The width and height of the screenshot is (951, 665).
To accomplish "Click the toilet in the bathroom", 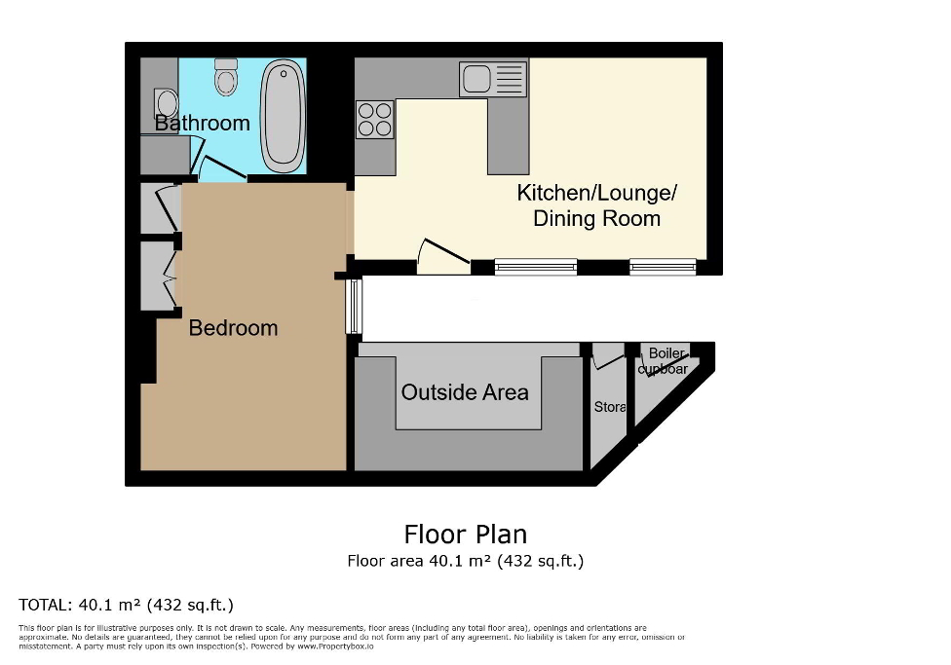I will pos(226,76).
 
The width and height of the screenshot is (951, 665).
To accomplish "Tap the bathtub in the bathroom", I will pos(283,113).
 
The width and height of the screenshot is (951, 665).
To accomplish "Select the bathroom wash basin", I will pos(165,103).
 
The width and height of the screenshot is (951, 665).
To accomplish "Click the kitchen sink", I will pos(492,79).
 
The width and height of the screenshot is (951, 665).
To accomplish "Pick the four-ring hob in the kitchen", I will pos(375,119).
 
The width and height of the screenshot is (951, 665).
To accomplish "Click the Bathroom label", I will pos(203,124).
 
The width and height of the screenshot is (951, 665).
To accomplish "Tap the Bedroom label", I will pos(233,328).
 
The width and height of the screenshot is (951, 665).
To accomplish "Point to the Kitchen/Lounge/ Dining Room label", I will pos(596,205).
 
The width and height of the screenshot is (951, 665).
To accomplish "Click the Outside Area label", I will pos(465,392).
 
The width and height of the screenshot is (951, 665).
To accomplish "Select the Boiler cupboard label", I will pos(666,361).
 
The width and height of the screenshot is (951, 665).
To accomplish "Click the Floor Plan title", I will pos(465,535).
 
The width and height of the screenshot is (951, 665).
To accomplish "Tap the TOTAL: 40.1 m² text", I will pos(126,605).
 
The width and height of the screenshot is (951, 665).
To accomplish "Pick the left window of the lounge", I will pos(535,267).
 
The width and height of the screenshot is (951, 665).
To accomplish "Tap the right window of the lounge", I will pos(663,267).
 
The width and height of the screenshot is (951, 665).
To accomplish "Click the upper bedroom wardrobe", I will pos(160,208).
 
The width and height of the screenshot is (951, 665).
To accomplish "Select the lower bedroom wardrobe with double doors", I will pos(160,276).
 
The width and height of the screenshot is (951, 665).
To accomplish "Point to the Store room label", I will pos(609,407).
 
